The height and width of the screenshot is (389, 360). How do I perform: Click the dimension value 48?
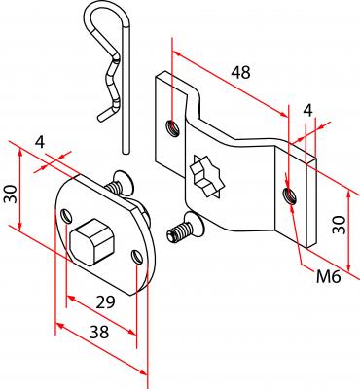pyautogui.click(x=240, y=72)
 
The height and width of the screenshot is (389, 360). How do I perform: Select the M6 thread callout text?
pyautogui.click(x=329, y=277)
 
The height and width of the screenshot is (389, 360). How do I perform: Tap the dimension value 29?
pyautogui.click(x=105, y=302)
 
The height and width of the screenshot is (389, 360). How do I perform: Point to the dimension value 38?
pyautogui.click(x=99, y=333)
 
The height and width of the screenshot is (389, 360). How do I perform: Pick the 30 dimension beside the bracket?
pyautogui.click(x=340, y=225)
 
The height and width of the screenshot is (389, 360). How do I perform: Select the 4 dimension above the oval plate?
pyautogui.click(x=40, y=142)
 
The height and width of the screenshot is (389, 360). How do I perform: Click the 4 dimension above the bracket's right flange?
pyautogui.click(x=308, y=110)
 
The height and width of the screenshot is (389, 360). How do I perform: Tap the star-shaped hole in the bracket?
pyautogui.click(x=207, y=177)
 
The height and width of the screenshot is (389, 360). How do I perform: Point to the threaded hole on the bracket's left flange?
pyautogui.click(x=172, y=127)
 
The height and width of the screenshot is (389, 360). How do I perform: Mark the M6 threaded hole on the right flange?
pyautogui.click(x=289, y=195)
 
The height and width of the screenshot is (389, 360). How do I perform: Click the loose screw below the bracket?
pyautogui.click(x=185, y=228)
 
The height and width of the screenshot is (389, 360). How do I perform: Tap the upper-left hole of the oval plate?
pyautogui.click(x=66, y=216)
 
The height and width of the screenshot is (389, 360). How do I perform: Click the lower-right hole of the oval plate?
pyautogui.click(x=137, y=257)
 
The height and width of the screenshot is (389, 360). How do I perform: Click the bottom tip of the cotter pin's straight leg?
pyautogui.click(x=126, y=152)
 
